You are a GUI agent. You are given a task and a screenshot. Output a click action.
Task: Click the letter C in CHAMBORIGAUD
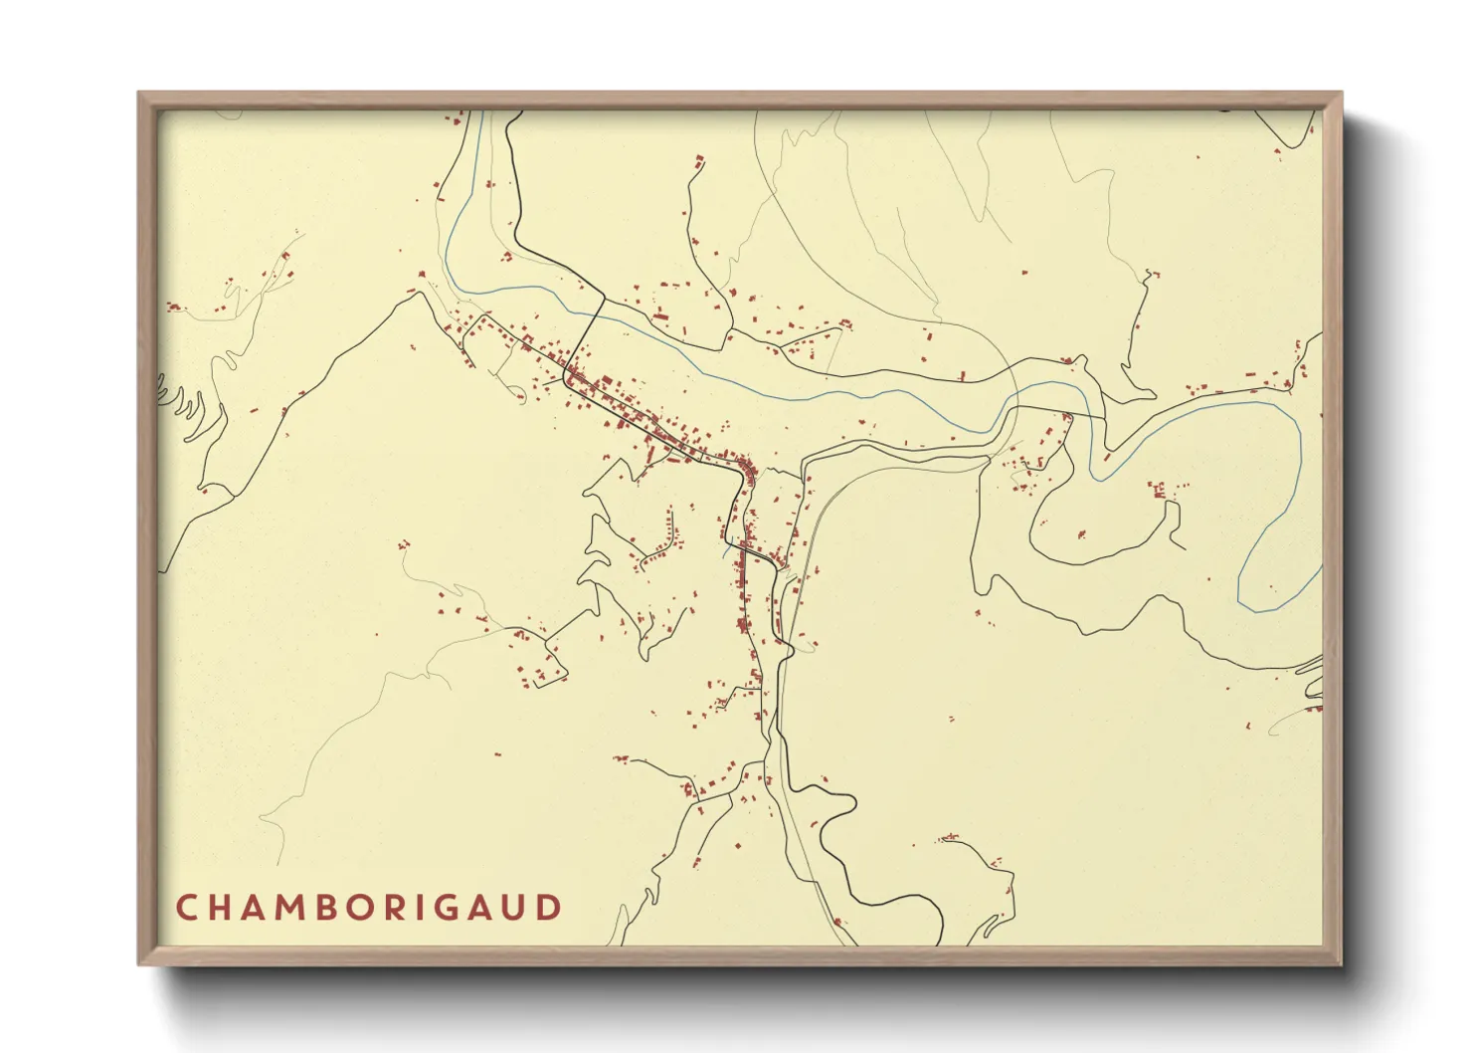186,908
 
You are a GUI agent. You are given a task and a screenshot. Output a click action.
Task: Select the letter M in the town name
299,908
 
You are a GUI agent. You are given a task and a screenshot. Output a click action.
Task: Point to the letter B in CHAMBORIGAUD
338,908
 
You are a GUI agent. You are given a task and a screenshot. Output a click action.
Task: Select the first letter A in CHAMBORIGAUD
260,908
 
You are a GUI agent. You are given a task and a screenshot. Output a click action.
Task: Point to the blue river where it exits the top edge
480,114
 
